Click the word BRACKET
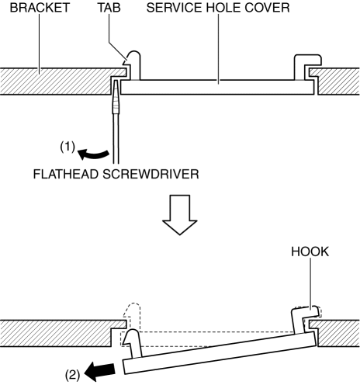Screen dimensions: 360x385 point(40,8)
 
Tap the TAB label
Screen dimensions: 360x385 point(109,8)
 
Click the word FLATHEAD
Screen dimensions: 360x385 point(66,174)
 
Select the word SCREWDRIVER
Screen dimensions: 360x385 point(151,174)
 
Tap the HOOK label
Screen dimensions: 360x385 point(310,251)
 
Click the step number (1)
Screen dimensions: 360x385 point(67,147)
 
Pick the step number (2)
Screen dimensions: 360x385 point(72,375)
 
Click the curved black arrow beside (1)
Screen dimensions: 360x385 point(93,154)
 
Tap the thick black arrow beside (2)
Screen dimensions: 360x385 point(99,371)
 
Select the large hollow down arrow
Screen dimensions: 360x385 point(180,215)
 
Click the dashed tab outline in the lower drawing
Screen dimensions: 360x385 point(132,317)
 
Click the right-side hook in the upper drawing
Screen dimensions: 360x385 point(308,66)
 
